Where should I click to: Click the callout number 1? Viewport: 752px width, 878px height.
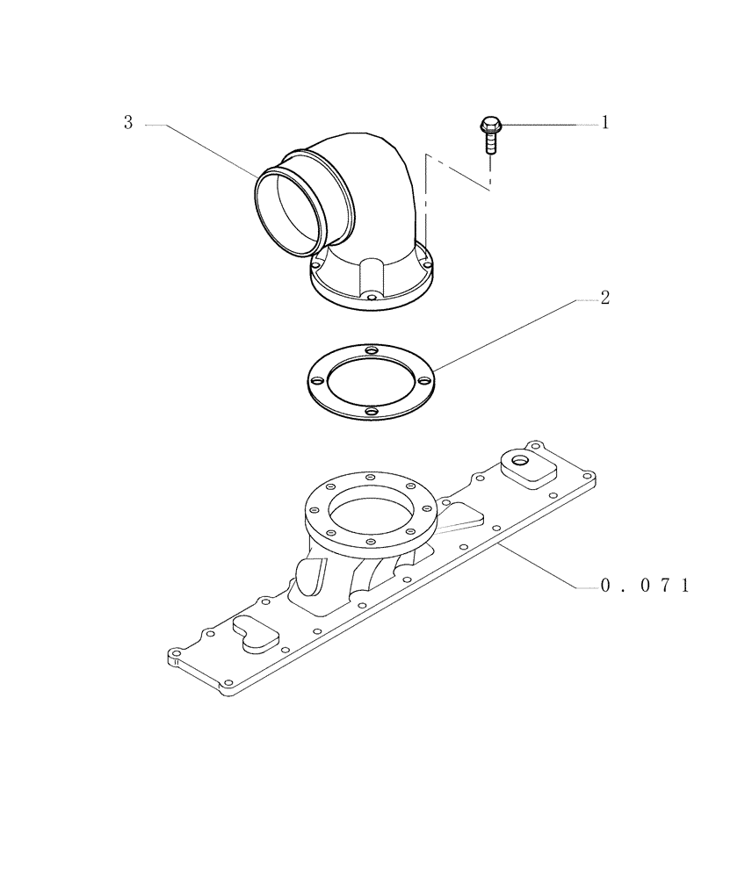[x=604, y=124]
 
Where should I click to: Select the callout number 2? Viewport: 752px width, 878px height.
[x=604, y=299]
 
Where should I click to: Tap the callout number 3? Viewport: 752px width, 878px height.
[x=128, y=124]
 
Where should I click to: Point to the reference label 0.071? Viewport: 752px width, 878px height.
[x=644, y=585]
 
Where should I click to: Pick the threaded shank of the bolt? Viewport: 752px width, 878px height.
[x=490, y=142]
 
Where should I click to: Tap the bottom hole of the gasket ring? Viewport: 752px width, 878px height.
[x=371, y=411]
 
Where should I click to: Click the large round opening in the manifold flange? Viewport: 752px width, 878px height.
[x=370, y=511]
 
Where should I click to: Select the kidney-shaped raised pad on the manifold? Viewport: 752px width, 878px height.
[x=255, y=633]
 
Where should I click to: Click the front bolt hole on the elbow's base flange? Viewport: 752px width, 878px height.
[x=372, y=299]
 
